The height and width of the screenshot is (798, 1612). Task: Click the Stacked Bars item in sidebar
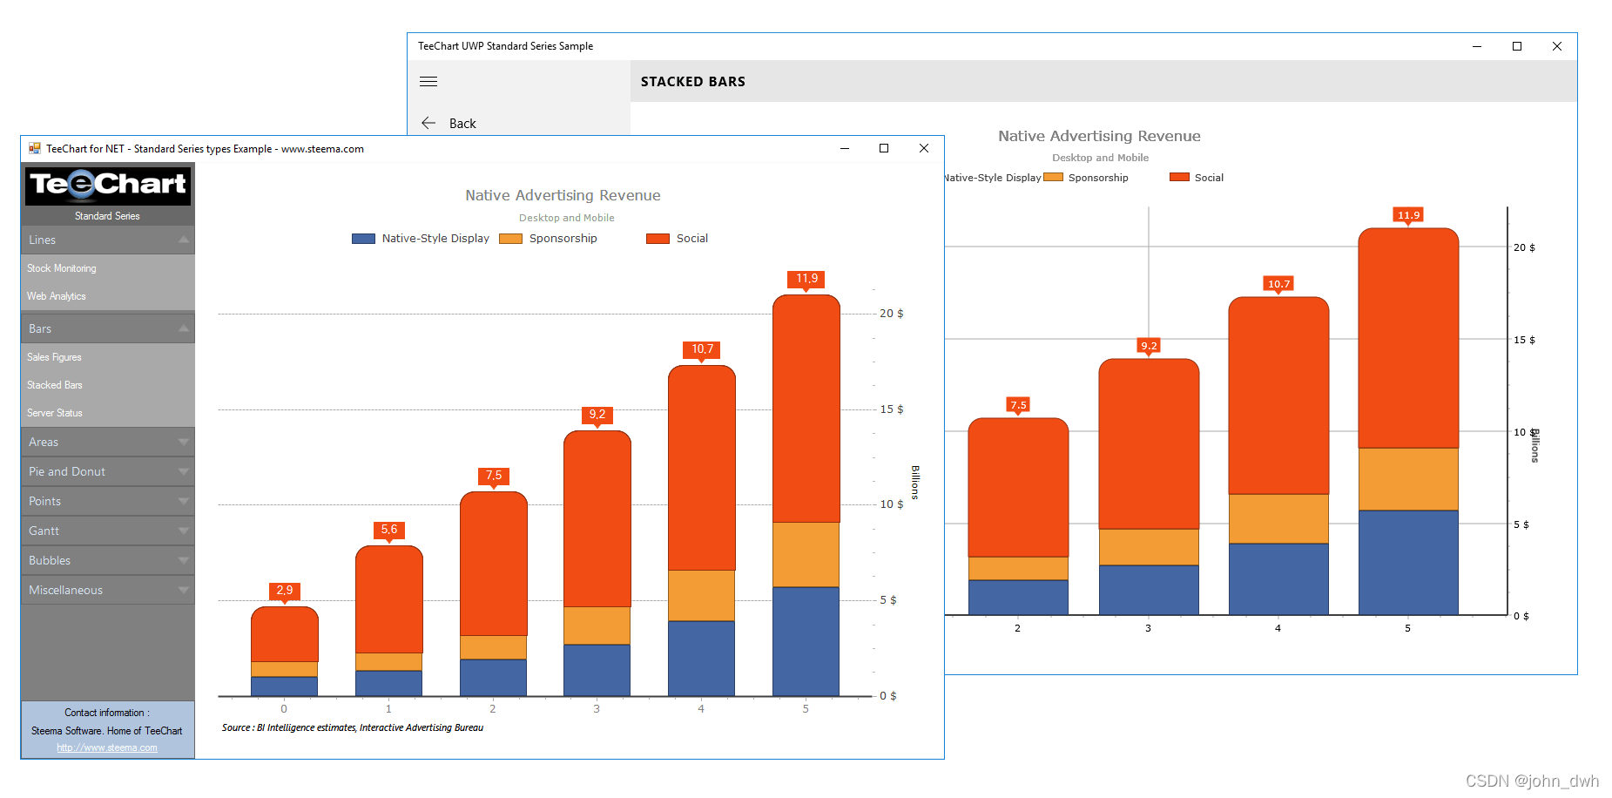(55, 385)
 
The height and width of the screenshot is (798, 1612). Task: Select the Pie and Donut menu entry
(67, 471)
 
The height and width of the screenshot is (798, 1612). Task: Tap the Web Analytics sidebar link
(57, 296)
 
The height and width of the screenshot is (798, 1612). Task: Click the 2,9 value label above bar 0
(285, 591)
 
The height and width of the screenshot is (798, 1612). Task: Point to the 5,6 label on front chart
(389, 530)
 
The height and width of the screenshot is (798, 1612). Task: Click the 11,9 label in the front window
(806, 279)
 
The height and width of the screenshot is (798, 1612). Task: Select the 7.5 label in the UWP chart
(1018, 405)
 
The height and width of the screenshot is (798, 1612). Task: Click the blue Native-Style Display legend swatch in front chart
(363, 239)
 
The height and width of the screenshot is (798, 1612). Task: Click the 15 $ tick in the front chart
(891, 409)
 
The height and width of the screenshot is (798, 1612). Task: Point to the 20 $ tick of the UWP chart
(1524, 247)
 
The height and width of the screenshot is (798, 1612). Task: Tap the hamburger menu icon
(428, 82)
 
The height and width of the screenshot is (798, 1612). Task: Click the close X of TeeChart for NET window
(924, 149)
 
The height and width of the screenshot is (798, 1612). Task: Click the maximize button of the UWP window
(1517, 46)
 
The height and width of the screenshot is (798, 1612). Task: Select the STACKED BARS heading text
(693, 82)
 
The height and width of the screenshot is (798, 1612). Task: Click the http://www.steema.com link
(107, 747)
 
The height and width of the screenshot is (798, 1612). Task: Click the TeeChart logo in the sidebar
(108, 185)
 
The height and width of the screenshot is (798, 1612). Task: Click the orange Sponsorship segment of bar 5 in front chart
(806, 554)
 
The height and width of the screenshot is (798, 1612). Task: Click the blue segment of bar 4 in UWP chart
(1278, 578)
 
